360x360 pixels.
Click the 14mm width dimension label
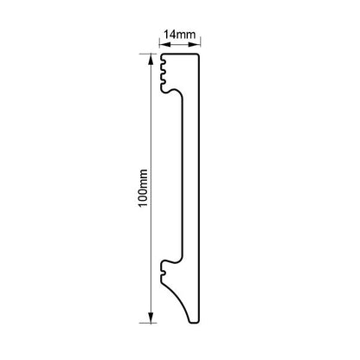[179, 33]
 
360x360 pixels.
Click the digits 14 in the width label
[170, 33]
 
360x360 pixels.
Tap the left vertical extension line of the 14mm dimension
[159, 45]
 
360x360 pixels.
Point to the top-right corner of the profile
[202, 55]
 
